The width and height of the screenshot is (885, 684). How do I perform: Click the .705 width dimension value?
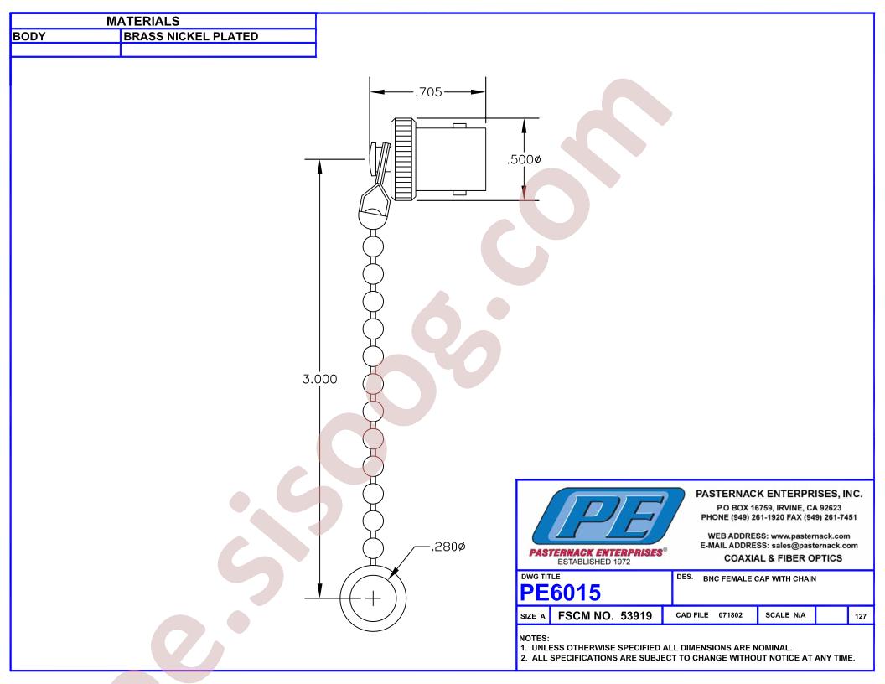(x=428, y=92)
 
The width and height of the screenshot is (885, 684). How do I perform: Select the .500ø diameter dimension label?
(x=524, y=160)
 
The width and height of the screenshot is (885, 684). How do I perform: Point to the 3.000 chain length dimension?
(x=319, y=379)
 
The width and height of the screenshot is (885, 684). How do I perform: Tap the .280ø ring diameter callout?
(x=448, y=547)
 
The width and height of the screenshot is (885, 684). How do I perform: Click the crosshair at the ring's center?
(x=373, y=598)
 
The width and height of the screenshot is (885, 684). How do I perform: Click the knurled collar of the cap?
(x=403, y=160)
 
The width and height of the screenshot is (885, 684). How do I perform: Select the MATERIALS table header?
(x=142, y=22)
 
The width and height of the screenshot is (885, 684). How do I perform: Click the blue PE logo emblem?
(x=608, y=516)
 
